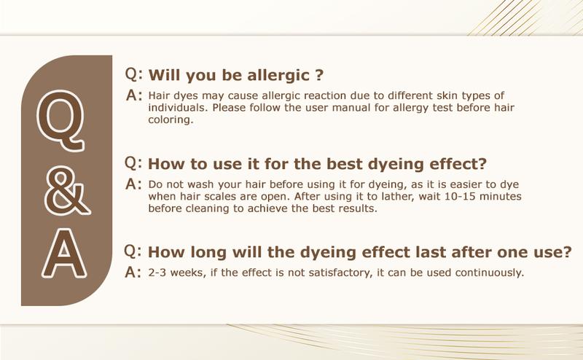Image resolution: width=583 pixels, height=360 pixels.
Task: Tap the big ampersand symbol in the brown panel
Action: click(x=67, y=190)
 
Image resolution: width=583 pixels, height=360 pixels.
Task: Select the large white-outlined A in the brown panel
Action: click(x=64, y=254)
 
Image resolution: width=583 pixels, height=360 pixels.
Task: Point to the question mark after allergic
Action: click(x=319, y=75)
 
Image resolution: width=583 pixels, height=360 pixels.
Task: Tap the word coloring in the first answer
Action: click(x=171, y=120)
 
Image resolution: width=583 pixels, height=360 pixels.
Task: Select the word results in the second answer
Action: click(x=359, y=208)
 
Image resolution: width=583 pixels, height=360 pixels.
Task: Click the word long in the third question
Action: click(x=208, y=253)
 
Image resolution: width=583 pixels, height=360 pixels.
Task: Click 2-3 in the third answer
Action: click(x=157, y=273)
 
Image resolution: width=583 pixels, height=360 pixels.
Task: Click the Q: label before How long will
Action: click(x=133, y=251)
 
